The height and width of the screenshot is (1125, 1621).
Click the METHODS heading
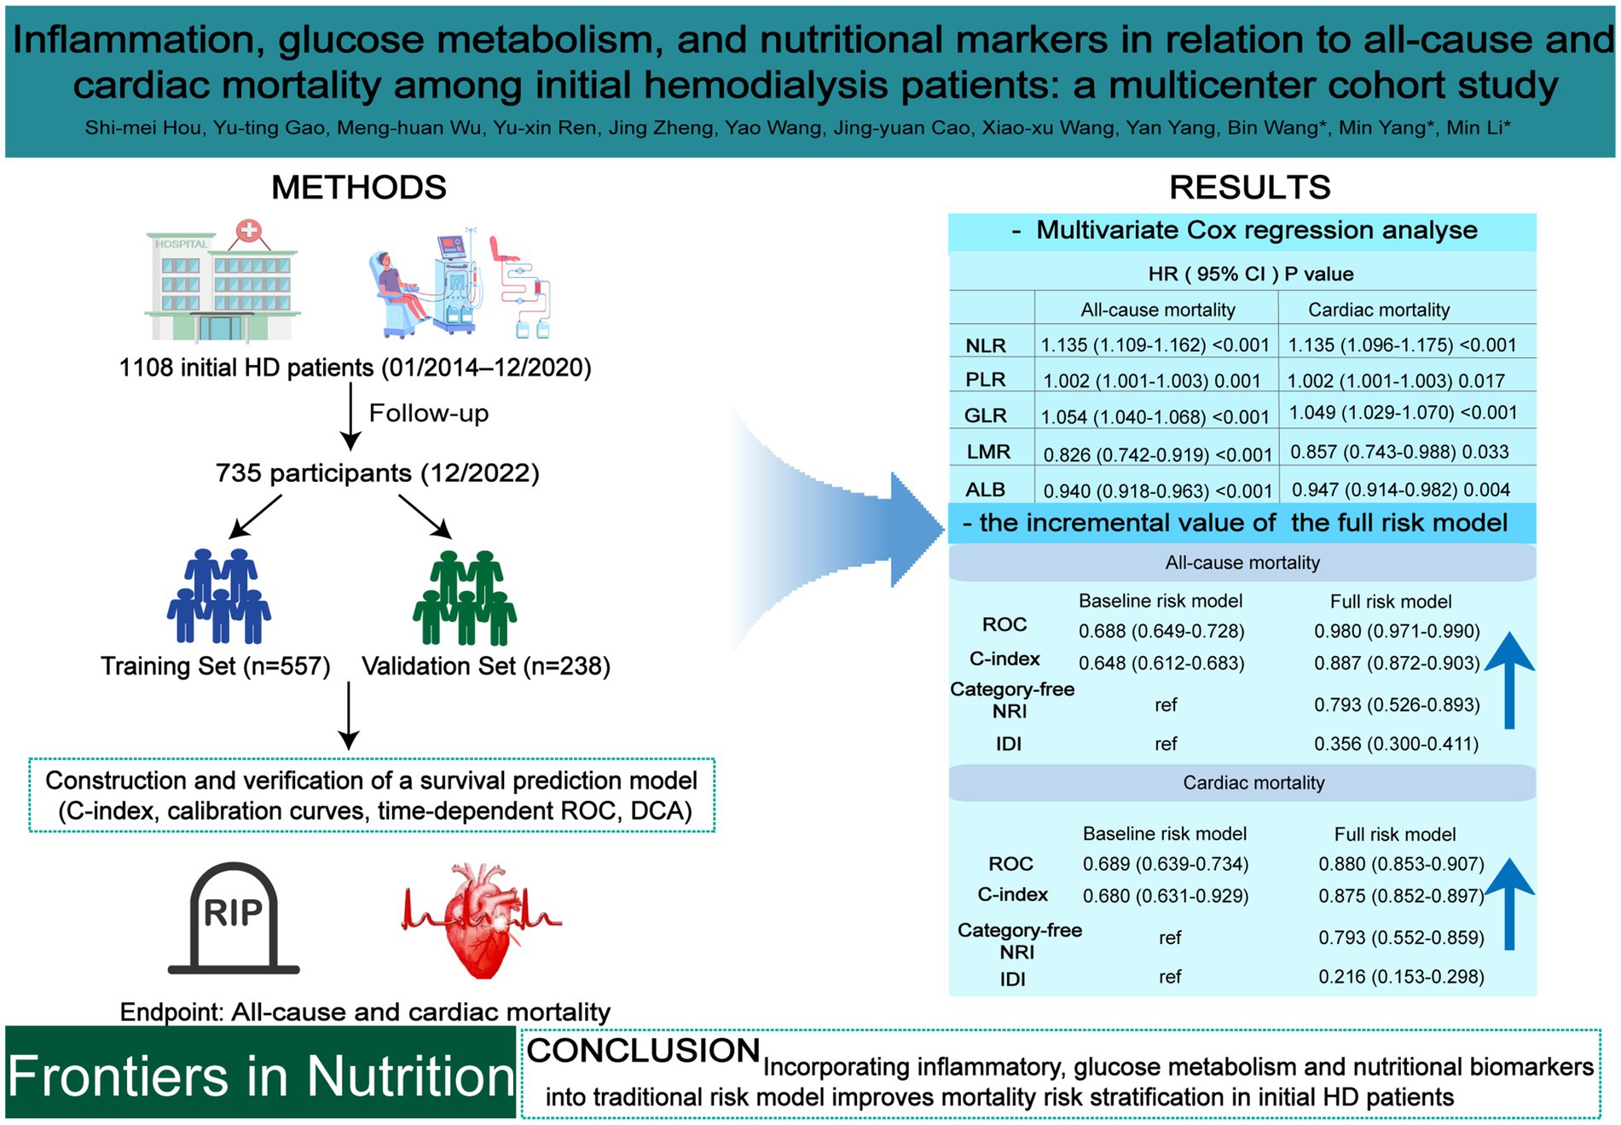pos(358,188)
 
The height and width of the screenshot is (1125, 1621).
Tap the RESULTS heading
pos(1249,188)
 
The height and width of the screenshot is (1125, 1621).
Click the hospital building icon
pos(222,281)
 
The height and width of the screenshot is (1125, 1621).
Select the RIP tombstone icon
pos(234,918)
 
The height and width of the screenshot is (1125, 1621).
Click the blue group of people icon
pos(219,596)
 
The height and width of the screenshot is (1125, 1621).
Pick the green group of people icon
pos(465,596)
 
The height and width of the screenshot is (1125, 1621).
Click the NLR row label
pos(986,345)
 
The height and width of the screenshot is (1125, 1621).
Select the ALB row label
pos(985,490)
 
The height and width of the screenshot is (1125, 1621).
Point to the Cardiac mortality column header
pos(1378,310)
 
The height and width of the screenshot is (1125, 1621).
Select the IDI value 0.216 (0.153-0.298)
pos(1400,977)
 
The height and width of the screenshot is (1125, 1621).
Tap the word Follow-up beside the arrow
pos(428,414)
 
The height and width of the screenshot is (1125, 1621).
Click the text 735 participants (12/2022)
pos(377,473)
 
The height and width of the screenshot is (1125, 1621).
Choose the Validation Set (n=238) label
pos(486,666)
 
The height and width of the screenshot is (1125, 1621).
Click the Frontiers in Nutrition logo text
pos(260,1076)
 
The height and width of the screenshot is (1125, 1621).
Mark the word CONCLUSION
pos(643,1051)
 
